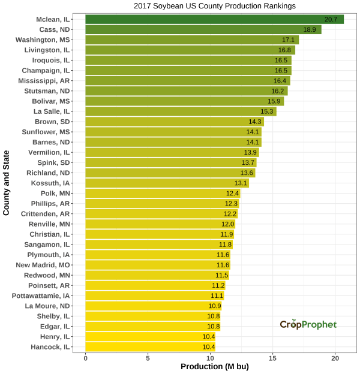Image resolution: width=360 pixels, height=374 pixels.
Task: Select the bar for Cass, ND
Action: coord(203,30)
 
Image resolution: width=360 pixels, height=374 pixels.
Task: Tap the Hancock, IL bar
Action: coord(150,347)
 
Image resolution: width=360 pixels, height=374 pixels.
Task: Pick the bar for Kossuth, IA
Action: coord(167,183)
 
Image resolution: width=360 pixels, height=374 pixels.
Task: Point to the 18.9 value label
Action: coord(310,30)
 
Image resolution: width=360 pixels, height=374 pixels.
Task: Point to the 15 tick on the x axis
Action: coord(272,357)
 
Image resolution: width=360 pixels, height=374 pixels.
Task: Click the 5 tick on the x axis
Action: coord(148,357)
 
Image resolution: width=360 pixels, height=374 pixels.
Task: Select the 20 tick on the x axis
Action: coord(335,357)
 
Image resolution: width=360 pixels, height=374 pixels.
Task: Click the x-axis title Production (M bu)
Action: coord(214,366)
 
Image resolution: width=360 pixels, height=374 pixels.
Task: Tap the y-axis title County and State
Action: coord(7,183)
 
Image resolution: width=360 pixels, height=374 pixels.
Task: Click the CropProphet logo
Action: coord(308,324)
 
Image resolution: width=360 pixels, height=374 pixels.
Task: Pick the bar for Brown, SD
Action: coord(175,122)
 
